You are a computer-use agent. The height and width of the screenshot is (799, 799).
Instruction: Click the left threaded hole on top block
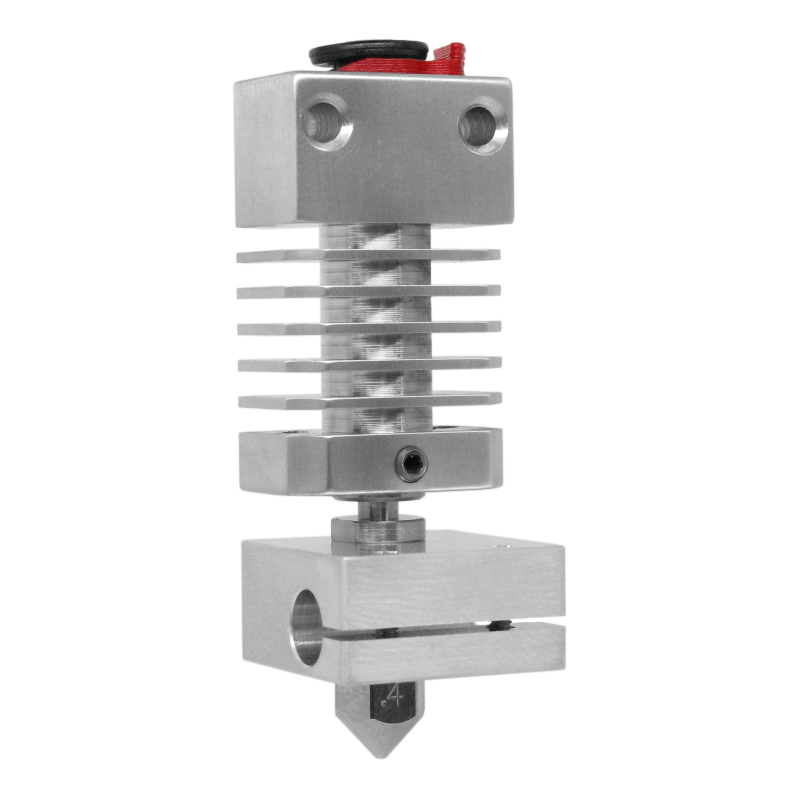[326, 123]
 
